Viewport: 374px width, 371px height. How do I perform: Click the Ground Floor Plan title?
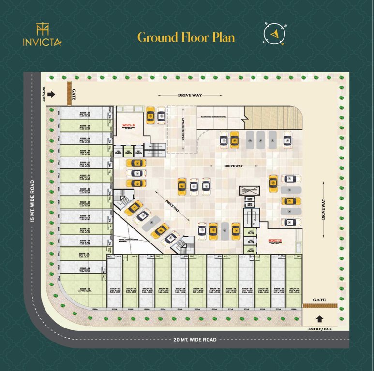click(x=186, y=37)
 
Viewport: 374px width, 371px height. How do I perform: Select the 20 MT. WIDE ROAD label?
click(x=195, y=340)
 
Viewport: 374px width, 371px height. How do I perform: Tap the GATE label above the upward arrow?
click(x=319, y=300)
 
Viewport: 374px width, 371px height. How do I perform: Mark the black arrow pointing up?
click(x=319, y=318)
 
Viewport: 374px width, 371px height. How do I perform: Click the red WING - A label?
click(x=275, y=240)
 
